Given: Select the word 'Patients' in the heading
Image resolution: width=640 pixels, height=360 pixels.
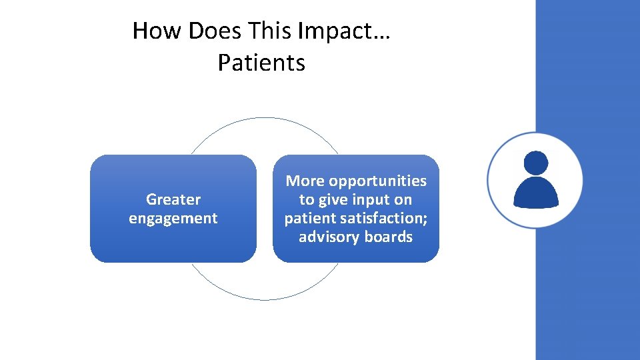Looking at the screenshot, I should pyautogui.click(x=261, y=63).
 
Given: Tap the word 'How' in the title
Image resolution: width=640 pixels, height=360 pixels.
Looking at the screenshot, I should pyautogui.click(x=150, y=31).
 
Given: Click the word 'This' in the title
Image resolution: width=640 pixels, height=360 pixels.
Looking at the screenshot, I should pyautogui.click(x=270, y=31).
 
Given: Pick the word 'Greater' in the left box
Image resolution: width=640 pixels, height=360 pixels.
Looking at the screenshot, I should pyautogui.click(x=173, y=199).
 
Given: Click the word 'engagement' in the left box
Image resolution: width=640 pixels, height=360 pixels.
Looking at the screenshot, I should pyautogui.click(x=173, y=218).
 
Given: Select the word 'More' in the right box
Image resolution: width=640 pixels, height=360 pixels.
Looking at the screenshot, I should pyautogui.click(x=304, y=181).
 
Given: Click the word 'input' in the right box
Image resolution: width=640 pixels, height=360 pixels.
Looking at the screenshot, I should pyautogui.click(x=371, y=199).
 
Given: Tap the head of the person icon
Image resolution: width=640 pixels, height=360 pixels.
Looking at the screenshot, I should pyautogui.click(x=536, y=163).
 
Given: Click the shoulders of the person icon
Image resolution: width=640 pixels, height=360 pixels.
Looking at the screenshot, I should pyautogui.click(x=535, y=193).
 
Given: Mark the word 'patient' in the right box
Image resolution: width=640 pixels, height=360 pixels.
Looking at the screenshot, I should pyautogui.click(x=309, y=218).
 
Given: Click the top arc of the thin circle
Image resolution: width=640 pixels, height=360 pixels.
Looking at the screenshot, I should pyautogui.click(x=265, y=118).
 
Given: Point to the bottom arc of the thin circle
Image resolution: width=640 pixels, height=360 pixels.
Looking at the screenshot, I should pyautogui.click(x=265, y=300).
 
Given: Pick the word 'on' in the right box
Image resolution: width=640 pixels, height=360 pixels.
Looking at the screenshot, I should pyautogui.click(x=403, y=199).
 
